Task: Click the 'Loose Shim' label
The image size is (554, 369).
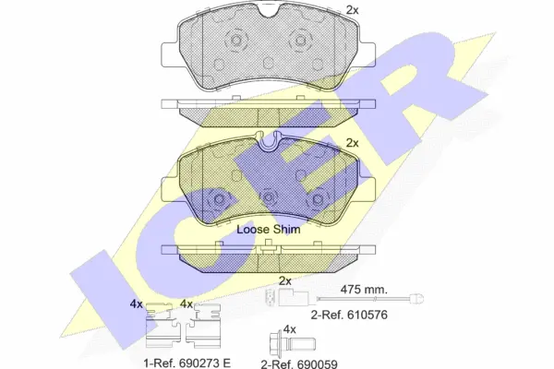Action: [268, 230]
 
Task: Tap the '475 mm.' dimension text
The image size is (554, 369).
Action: [364, 290]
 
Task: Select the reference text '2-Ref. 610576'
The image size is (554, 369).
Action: [349, 315]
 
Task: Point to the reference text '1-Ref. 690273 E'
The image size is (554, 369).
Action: [187, 363]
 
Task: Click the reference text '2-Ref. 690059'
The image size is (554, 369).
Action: [299, 363]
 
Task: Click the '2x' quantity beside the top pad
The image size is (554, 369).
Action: [352, 10]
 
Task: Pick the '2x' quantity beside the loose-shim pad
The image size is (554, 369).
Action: [352, 143]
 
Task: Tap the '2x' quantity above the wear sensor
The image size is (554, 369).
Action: [284, 281]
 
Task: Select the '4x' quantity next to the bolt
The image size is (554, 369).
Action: [289, 329]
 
